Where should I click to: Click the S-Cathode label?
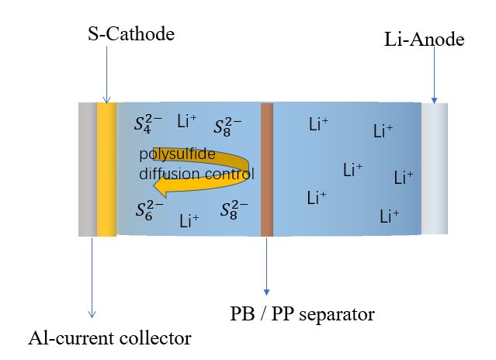pyautogui.click(x=131, y=34)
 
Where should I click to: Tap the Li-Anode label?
pyautogui.click(x=424, y=40)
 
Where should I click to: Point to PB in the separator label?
pyautogui.click(x=242, y=314)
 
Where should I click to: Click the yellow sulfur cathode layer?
pyautogui.click(x=106, y=169)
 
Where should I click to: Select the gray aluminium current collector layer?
pyautogui.click(x=88, y=169)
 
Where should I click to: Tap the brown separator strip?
pyautogui.click(x=267, y=170)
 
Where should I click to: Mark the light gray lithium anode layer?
pyautogui.click(x=435, y=169)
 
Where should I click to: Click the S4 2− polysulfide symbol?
pyautogui.click(x=147, y=124)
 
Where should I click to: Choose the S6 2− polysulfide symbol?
pyautogui.click(x=149, y=210)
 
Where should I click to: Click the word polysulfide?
pyautogui.click(x=177, y=154)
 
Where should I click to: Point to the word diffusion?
pyautogui.click(x=170, y=174)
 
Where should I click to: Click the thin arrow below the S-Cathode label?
pyautogui.click(x=107, y=75)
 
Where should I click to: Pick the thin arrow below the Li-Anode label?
pyautogui.click(x=435, y=75)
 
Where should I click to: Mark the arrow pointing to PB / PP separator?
pyautogui.click(x=267, y=266)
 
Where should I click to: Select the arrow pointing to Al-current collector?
pyautogui.click(x=92, y=278)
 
